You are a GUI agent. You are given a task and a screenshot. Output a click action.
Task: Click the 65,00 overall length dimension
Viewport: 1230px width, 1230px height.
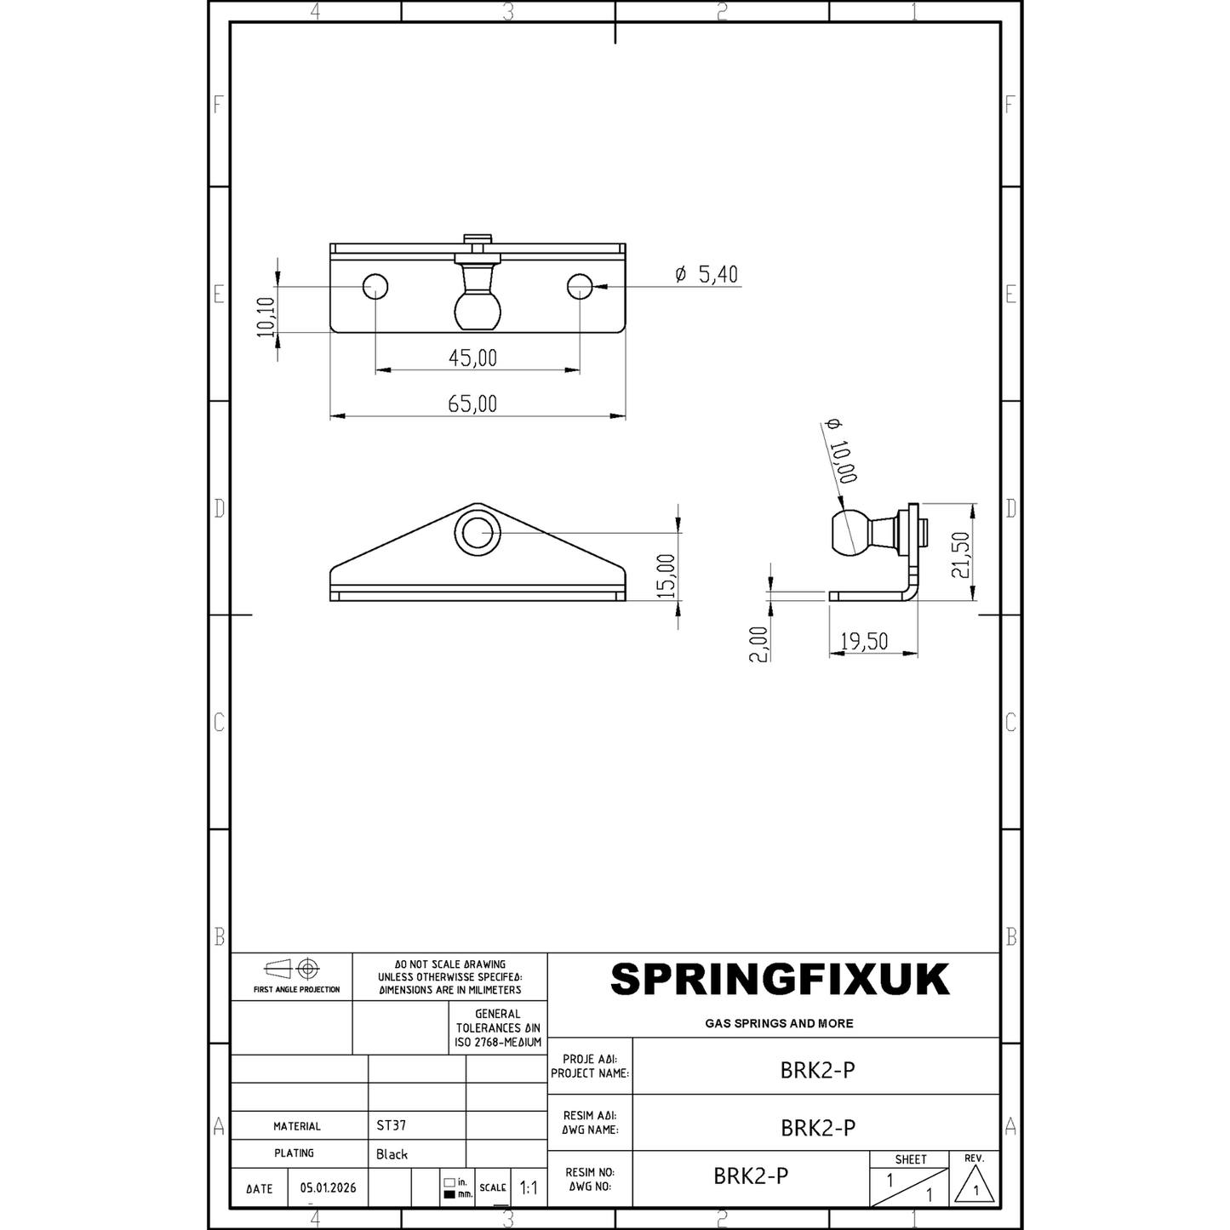point(472,403)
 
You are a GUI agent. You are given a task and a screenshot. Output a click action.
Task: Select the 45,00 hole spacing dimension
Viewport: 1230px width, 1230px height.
point(472,358)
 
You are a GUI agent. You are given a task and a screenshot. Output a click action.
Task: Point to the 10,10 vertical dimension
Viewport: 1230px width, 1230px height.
point(266,317)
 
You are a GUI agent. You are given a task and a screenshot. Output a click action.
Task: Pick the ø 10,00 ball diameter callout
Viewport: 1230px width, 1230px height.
point(841,451)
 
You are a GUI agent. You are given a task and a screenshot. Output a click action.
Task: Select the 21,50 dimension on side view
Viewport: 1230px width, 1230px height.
point(961,556)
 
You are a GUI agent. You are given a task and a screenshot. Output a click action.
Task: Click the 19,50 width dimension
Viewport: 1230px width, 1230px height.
point(864,641)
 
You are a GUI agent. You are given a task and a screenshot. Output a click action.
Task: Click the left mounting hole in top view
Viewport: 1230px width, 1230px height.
point(375,287)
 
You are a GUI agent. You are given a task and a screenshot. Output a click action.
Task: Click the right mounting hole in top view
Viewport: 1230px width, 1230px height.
point(580,287)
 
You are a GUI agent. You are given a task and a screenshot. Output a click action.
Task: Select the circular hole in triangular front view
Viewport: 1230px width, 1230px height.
point(478,533)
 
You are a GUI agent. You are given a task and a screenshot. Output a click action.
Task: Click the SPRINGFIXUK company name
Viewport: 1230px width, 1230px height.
point(779,981)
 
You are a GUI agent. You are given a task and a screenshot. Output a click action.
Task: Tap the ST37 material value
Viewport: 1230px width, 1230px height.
point(391,1125)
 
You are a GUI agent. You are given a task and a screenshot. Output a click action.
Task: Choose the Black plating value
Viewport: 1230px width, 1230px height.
point(392,1154)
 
